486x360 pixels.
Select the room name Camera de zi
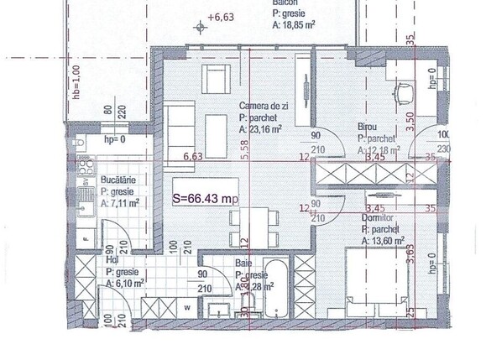click(264, 107)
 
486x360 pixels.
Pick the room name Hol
click(110, 261)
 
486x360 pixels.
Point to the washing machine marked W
click(186, 306)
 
